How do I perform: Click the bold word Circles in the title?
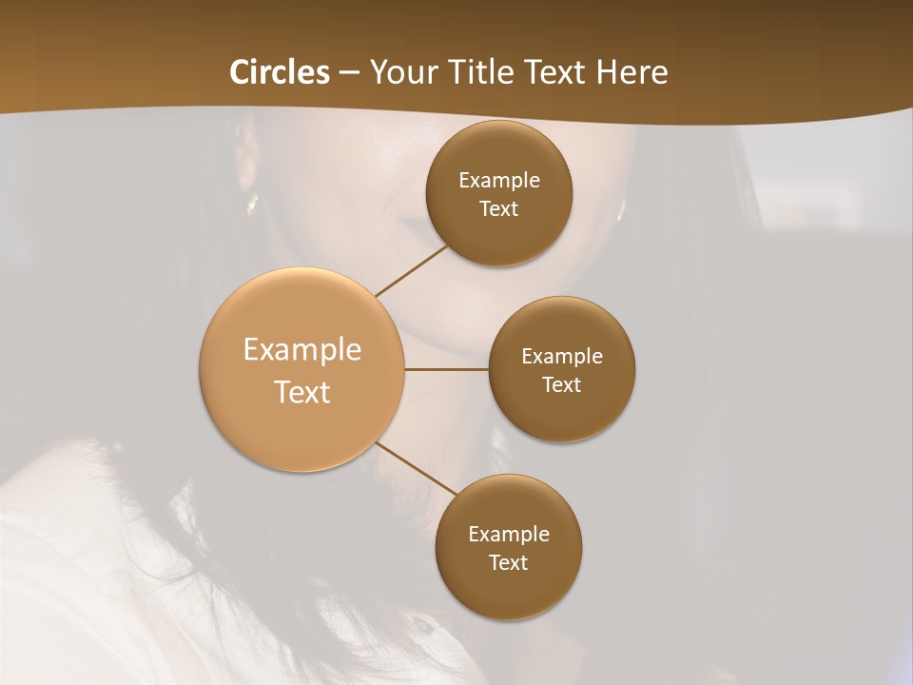[x=280, y=72]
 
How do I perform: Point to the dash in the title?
[x=349, y=73]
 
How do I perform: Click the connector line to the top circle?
[x=412, y=271]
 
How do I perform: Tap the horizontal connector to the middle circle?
[x=446, y=369]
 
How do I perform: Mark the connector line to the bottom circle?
[x=416, y=468]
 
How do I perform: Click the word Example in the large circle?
[x=302, y=350]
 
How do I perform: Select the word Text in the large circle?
[x=302, y=392]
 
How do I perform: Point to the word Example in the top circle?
[x=499, y=180]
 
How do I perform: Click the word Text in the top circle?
[x=498, y=208]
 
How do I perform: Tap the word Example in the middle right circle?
[x=562, y=356]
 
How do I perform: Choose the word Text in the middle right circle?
[x=561, y=384]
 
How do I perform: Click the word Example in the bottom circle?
[x=509, y=534]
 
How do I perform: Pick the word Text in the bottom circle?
[x=508, y=562]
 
